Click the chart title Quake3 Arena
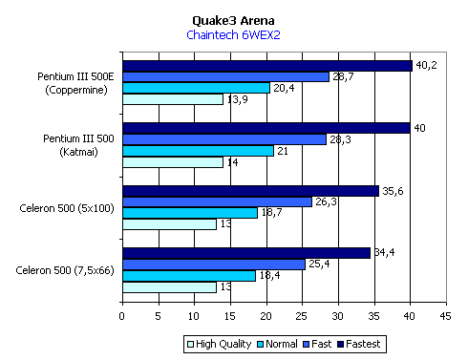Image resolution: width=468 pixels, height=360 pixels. (233, 21)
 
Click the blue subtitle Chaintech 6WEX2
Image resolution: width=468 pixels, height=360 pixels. (233, 34)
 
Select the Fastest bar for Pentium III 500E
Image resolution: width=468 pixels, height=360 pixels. (267, 66)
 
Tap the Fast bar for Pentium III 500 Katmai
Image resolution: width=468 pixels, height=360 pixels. (224, 139)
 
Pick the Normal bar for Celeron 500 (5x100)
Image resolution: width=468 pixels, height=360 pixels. (190, 213)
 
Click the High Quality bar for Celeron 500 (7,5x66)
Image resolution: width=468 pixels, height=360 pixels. (170, 287)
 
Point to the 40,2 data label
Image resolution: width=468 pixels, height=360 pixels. (426, 65)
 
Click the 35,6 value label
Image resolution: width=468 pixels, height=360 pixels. (393, 191)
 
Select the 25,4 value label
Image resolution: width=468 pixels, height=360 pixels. (319, 264)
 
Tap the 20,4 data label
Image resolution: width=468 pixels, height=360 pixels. (284, 88)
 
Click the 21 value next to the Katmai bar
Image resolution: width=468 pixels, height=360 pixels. (283, 151)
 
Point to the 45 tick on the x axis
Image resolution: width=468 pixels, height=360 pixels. (445, 316)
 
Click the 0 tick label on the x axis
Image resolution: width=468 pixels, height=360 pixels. (122, 316)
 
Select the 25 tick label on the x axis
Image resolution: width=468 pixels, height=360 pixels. (302, 316)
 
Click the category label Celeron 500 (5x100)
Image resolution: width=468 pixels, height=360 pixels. (67, 208)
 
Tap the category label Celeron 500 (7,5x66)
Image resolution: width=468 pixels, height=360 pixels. (65, 270)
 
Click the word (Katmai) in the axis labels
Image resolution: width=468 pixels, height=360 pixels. (78, 152)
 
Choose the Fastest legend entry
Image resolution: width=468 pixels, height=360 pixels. (359, 344)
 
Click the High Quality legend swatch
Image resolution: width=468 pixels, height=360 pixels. (191, 345)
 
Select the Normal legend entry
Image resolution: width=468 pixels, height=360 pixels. (277, 344)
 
